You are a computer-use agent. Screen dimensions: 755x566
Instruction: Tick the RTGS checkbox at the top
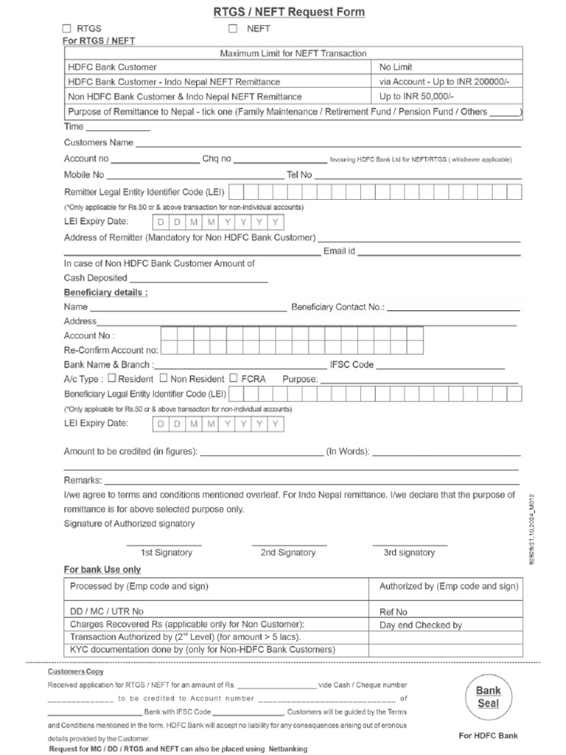pyautogui.click(x=69, y=29)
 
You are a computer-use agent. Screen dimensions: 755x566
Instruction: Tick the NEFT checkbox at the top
pyautogui.click(x=233, y=29)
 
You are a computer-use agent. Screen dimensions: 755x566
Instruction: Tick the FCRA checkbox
pyautogui.click(x=234, y=377)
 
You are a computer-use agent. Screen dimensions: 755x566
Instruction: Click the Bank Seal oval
pyautogui.click(x=488, y=697)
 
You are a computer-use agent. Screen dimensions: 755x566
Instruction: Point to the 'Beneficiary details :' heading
pyautogui.click(x=105, y=292)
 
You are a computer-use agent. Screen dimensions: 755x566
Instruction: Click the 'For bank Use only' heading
pyautogui.click(x=102, y=569)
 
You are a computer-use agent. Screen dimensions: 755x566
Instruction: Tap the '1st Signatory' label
pyautogui.click(x=167, y=552)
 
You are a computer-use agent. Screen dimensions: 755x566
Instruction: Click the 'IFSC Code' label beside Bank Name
pyautogui.click(x=353, y=364)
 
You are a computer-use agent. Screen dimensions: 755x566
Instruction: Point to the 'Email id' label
pyautogui.click(x=340, y=251)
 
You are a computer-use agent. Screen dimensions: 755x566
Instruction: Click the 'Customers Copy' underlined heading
pyautogui.click(x=76, y=672)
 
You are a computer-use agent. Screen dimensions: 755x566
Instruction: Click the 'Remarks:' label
pyautogui.click(x=83, y=479)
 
